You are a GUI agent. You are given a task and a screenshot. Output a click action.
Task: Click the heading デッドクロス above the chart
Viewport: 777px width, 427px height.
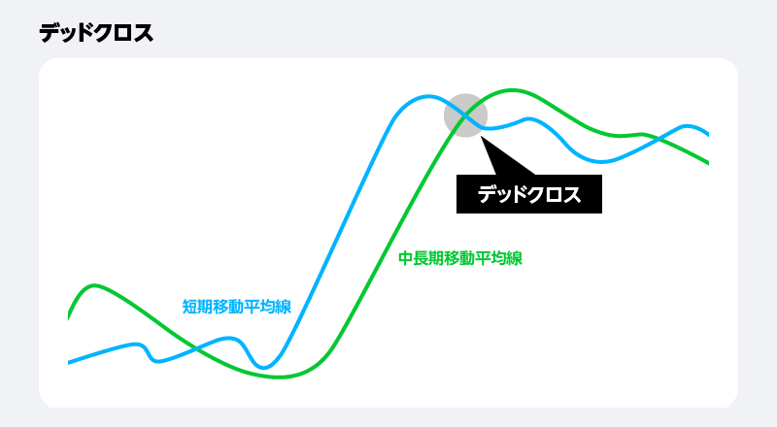96,33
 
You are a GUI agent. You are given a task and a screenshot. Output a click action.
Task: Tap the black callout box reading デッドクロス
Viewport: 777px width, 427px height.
529,194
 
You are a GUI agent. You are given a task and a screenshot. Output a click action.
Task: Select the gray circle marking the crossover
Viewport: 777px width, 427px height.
465,115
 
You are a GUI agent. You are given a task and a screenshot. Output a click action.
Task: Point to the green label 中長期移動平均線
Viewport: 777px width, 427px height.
461,259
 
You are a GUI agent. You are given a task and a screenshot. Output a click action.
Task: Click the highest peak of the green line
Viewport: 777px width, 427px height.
512,90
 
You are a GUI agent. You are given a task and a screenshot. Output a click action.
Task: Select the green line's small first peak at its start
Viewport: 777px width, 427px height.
94,285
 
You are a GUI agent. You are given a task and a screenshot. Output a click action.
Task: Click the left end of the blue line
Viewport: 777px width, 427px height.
70,363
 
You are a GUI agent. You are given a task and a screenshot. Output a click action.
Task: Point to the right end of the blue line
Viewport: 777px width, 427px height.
707,134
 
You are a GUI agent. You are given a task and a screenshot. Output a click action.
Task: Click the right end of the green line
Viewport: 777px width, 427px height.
707,162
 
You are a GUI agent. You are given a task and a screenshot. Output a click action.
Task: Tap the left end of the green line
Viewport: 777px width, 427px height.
70,316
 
